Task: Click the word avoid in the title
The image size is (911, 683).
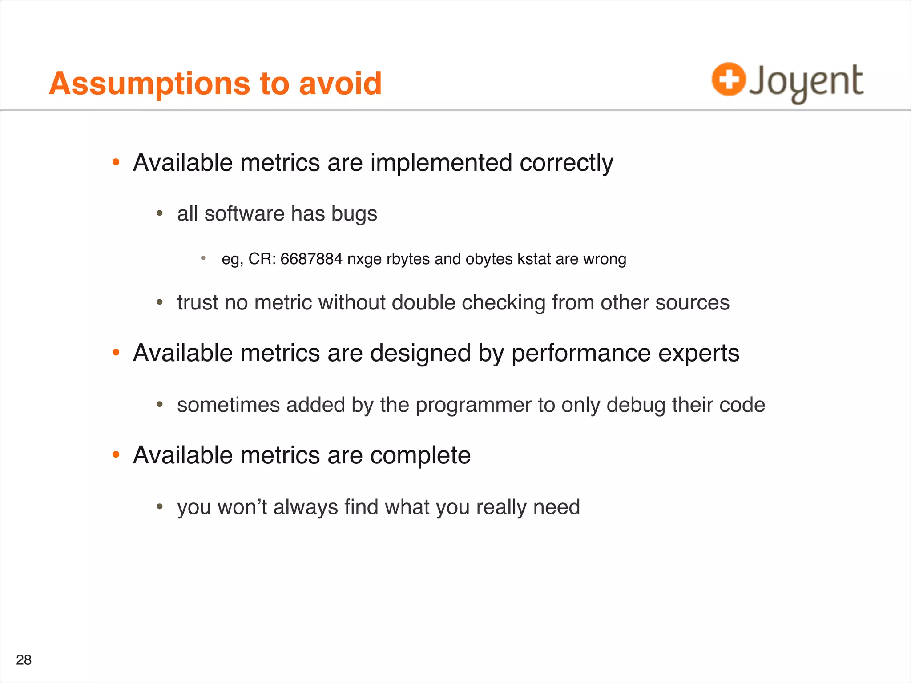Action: (x=340, y=84)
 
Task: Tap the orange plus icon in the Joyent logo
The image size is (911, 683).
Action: (x=728, y=80)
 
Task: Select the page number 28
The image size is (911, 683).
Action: (x=24, y=660)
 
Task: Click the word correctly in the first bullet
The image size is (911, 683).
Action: (x=566, y=163)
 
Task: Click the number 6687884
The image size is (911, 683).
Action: (x=311, y=259)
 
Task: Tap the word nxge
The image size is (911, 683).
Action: (x=364, y=259)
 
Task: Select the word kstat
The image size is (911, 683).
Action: (x=534, y=259)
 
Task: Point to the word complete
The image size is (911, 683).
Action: (x=420, y=456)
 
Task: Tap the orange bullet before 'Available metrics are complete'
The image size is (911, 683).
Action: (x=116, y=454)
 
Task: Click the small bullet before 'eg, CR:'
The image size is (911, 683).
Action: (x=203, y=258)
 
